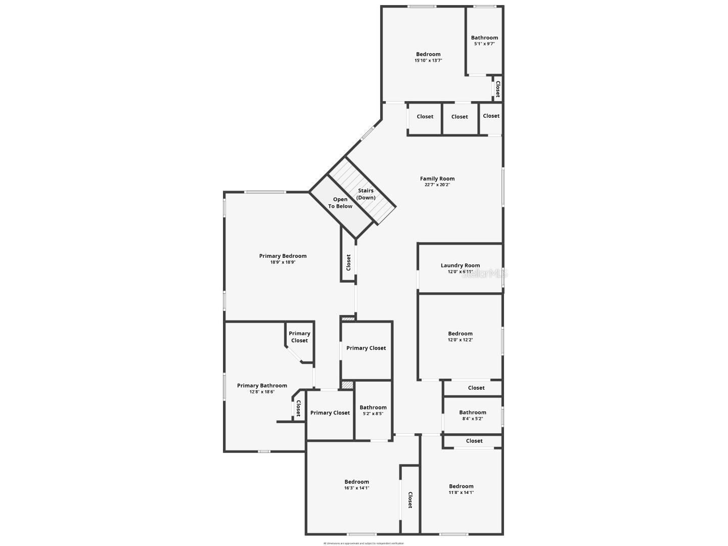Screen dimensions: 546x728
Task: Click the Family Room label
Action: pyautogui.click(x=437, y=178)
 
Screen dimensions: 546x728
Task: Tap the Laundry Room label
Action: pyautogui.click(x=460, y=265)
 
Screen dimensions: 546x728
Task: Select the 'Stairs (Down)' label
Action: pyautogui.click(x=366, y=194)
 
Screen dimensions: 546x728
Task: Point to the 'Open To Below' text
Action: pyautogui.click(x=340, y=203)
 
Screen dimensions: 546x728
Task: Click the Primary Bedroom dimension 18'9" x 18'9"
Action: pyautogui.click(x=283, y=262)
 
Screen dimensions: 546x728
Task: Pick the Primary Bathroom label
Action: pyautogui.click(x=262, y=386)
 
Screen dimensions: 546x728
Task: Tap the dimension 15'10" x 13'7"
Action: pyautogui.click(x=428, y=61)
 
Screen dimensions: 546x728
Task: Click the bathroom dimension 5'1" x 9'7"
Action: pyautogui.click(x=484, y=44)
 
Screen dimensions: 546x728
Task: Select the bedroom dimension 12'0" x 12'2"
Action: pyautogui.click(x=460, y=340)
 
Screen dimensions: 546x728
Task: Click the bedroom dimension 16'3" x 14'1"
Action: pyautogui.click(x=357, y=488)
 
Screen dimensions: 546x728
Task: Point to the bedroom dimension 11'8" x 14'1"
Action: pyautogui.click(x=461, y=493)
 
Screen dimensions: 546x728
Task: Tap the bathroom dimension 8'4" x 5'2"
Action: pyautogui.click(x=473, y=419)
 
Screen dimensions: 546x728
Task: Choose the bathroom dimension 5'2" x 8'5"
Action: pyautogui.click(x=373, y=414)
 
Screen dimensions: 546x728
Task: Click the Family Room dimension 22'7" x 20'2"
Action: pyautogui.click(x=437, y=185)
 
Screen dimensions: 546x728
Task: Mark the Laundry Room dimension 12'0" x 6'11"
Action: pyautogui.click(x=460, y=272)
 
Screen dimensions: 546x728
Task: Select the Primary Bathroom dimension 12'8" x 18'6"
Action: pyautogui.click(x=262, y=392)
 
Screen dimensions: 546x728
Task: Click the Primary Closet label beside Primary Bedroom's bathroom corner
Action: pyautogui.click(x=299, y=337)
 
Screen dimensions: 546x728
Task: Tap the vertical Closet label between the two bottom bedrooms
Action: pyautogui.click(x=410, y=500)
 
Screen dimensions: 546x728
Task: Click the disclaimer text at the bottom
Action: pyautogui.click(x=363, y=543)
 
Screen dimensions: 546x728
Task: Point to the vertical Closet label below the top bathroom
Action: pyautogui.click(x=497, y=89)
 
